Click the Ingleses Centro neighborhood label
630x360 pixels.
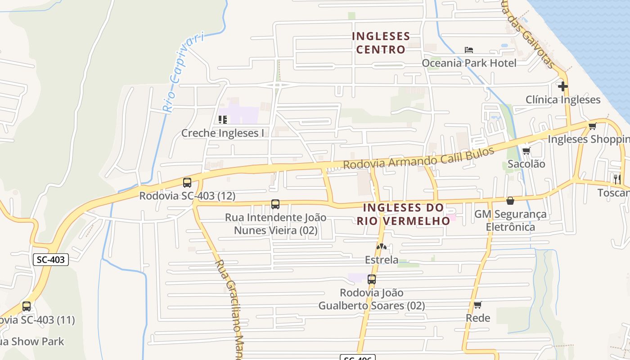click(381, 43)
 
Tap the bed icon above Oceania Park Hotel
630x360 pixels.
click(469, 49)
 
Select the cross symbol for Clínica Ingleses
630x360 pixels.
click(563, 86)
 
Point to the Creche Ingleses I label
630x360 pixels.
click(222, 133)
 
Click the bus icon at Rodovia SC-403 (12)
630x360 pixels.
click(187, 183)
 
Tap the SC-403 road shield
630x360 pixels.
click(51, 259)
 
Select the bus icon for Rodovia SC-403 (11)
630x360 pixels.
click(27, 307)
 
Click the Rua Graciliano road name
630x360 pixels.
click(232, 306)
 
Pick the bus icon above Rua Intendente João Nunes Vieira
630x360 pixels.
click(275, 204)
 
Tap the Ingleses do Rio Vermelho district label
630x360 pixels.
click(403, 214)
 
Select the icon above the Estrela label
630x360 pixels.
click(381, 247)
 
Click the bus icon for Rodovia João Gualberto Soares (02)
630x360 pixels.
click(372, 279)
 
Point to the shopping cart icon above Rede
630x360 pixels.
click(478, 305)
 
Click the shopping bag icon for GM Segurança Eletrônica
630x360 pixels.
click(510, 201)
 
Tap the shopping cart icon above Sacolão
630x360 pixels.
click(526, 151)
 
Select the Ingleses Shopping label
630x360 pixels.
click(588, 139)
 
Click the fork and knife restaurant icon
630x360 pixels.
click(617, 178)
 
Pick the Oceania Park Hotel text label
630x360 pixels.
click(469, 63)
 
